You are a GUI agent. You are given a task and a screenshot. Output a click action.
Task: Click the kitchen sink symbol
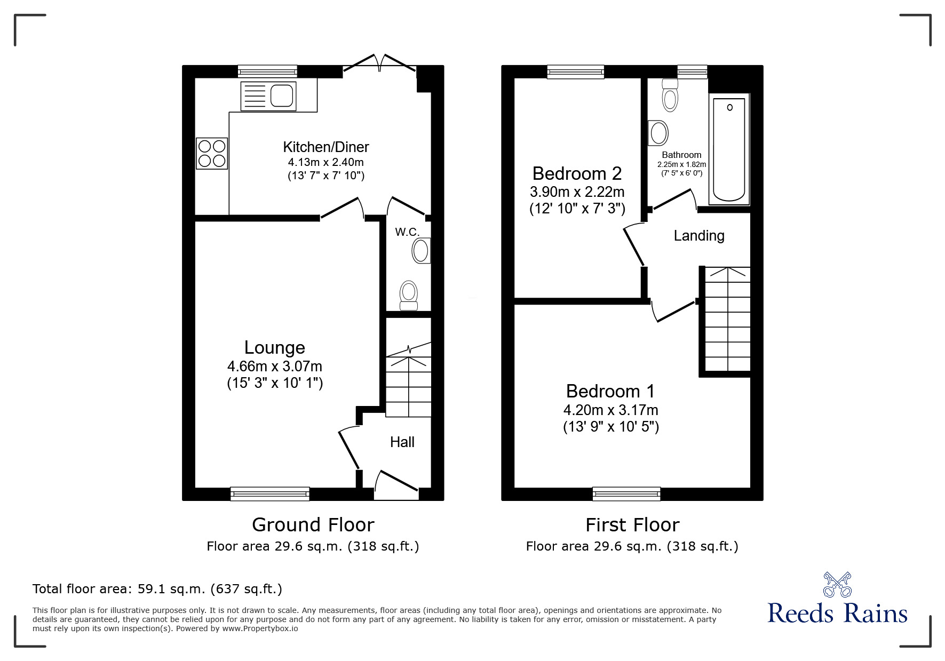click(268, 96)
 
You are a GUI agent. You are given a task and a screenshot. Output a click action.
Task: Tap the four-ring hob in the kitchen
click(212, 153)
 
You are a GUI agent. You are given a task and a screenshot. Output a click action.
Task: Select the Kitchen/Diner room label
click(325, 147)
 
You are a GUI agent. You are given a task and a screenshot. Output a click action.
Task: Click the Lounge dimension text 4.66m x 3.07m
click(274, 367)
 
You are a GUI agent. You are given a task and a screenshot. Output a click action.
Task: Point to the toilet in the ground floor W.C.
click(409, 295)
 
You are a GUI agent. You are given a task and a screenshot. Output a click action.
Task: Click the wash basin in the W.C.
click(422, 251)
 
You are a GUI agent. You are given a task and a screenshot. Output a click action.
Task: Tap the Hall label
click(402, 442)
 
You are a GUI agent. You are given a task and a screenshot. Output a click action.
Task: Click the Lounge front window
click(270, 494)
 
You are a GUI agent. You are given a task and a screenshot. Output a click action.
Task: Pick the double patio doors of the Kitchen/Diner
click(379, 64)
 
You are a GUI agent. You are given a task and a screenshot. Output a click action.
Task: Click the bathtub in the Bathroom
click(729, 149)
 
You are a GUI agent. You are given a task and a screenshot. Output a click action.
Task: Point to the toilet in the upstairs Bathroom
click(670, 95)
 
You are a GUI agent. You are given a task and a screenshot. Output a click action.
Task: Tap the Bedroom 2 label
click(577, 173)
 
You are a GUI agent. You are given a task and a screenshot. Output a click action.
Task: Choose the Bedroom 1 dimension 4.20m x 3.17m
click(610, 410)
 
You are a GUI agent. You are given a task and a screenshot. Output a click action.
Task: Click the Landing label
click(698, 235)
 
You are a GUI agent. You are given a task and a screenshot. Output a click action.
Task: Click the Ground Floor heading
click(313, 524)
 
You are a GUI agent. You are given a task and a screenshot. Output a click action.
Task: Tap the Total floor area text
click(157, 589)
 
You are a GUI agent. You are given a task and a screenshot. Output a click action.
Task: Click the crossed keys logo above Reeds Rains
click(837, 584)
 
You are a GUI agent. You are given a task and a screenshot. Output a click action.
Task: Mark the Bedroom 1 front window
click(626, 494)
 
